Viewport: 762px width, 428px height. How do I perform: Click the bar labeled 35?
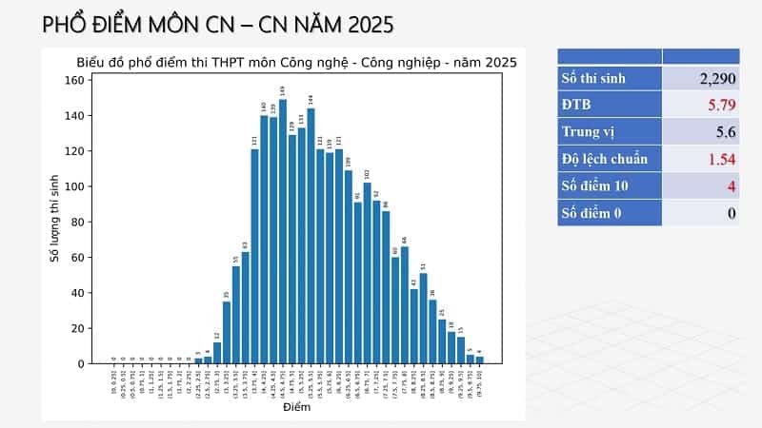coord(227,333)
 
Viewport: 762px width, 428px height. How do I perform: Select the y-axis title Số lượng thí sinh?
coord(54,219)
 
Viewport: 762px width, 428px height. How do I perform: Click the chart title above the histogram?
coord(296,63)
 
